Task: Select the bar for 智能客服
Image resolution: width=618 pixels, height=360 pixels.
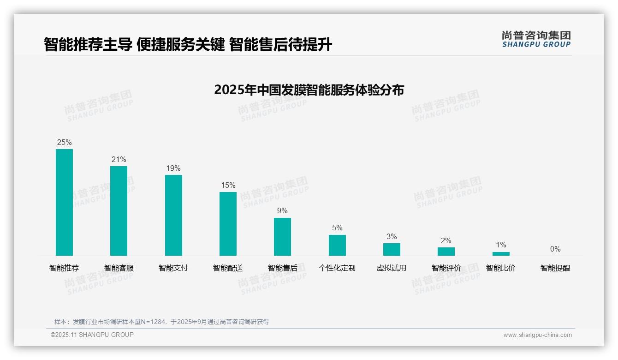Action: [119, 211]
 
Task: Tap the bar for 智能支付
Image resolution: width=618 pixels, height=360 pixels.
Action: [173, 215]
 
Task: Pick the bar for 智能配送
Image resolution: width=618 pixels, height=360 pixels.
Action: [228, 224]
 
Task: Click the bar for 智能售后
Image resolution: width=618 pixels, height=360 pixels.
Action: [282, 237]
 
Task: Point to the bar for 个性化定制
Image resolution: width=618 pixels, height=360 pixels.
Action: [337, 245]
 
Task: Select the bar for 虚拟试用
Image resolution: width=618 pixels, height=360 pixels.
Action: [392, 249]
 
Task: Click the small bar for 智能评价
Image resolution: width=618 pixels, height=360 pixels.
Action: [446, 252]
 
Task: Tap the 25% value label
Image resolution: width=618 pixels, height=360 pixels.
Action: [64, 143]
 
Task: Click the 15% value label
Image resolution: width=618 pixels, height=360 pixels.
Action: [228, 186]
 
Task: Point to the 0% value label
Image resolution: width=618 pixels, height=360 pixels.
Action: [555, 249]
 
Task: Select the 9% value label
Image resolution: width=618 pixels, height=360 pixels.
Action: [282, 211]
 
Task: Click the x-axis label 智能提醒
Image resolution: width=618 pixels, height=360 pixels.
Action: [555, 268]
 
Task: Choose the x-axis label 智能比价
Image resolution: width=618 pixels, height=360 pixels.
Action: [501, 268]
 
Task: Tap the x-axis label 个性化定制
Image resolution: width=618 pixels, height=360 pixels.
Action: [337, 268]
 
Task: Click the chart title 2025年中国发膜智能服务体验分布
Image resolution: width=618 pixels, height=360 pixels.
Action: [309, 90]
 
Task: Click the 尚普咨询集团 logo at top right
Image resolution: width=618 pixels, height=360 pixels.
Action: [536, 39]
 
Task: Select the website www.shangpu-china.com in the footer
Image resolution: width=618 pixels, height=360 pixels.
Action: [537, 335]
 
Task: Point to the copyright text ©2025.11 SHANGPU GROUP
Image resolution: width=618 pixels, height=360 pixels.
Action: [92, 335]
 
